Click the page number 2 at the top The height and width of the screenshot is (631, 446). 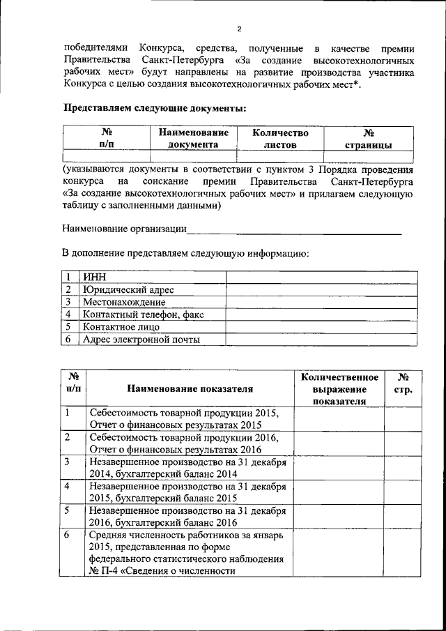tap(238, 29)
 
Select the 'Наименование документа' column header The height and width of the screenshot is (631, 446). tap(193, 138)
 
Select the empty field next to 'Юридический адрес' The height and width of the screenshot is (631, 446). tap(321, 289)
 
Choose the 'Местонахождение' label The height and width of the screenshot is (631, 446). tap(123, 302)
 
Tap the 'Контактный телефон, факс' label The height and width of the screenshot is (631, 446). tap(143, 314)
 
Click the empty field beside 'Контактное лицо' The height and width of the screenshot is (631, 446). tap(321, 327)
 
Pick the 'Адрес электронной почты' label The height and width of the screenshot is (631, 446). tap(141, 340)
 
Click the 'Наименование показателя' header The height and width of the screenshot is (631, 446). tap(190, 388)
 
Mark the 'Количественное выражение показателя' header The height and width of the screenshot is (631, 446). tap(339, 388)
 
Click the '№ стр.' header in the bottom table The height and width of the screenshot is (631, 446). tap(403, 383)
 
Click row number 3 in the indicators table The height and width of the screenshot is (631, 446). tap(67, 462)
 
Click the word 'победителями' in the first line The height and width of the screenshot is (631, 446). tap(95, 48)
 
